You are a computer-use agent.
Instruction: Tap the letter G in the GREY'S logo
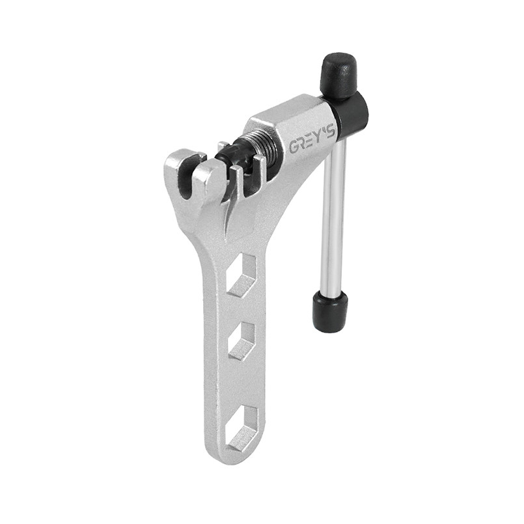[x=294, y=148]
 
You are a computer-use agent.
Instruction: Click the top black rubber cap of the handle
[x=339, y=74]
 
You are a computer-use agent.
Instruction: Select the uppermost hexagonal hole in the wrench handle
[x=241, y=276]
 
